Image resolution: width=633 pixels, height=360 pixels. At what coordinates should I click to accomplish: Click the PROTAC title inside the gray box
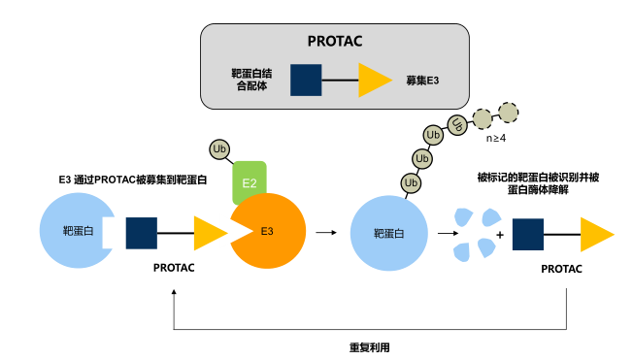click(x=333, y=43)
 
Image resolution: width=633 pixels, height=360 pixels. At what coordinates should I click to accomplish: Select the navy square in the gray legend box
click(x=307, y=80)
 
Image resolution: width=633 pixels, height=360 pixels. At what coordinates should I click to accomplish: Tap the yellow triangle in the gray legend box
click(x=374, y=80)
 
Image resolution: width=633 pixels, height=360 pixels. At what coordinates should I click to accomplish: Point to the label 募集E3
click(x=422, y=80)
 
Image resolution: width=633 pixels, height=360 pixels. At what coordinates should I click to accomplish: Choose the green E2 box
click(x=250, y=181)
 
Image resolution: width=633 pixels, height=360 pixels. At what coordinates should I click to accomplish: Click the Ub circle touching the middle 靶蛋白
click(x=412, y=181)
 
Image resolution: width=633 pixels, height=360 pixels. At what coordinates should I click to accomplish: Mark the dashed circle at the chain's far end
click(x=507, y=111)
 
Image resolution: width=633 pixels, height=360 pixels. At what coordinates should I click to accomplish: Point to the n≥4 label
click(x=496, y=140)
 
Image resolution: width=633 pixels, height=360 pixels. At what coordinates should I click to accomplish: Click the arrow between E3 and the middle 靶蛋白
click(x=327, y=233)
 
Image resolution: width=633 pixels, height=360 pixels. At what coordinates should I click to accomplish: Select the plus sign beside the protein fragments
click(x=499, y=234)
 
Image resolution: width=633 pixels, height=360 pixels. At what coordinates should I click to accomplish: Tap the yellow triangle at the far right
click(x=596, y=234)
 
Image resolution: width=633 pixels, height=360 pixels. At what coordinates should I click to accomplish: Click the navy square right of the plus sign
click(x=527, y=234)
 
